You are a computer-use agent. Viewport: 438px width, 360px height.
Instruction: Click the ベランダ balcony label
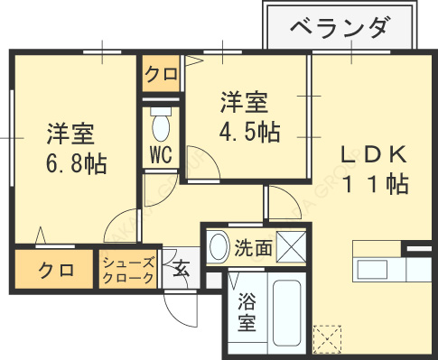tap(340, 29)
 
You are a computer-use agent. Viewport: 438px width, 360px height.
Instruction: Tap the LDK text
tap(374, 154)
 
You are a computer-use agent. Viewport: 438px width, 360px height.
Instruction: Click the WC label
tap(161, 154)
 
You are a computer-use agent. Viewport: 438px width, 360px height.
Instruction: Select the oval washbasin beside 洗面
tap(218, 246)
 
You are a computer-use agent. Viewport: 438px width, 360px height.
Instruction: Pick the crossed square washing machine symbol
tap(291, 246)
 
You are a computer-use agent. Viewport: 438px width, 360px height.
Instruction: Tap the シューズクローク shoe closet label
tap(128, 268)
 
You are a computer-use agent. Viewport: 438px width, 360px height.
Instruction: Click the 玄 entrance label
tap(182, 268)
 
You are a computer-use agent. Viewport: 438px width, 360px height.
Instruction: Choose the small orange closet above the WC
tap(162, 74)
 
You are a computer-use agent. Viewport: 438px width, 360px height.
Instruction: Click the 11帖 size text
tap(374, 184)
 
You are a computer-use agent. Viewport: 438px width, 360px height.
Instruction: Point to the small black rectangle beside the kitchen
tap(417, 246)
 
